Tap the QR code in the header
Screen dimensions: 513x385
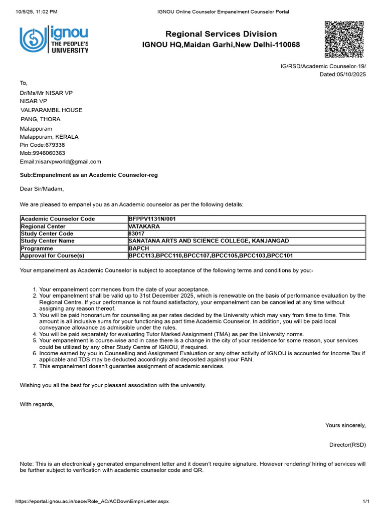(x=344, y=40)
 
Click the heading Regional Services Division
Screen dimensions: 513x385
(x=221, y=34)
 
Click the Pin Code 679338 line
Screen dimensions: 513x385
(x=42, y=145)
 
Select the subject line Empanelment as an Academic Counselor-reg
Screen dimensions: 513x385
(x=88, y=175)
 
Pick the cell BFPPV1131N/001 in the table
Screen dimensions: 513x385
(x=152, y=219)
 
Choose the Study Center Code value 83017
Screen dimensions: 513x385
(x=136, y=234)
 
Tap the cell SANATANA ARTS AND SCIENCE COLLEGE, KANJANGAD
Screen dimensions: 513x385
(x=209, y=241)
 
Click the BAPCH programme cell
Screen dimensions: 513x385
(x=139, y=248)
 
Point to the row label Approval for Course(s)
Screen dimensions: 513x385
(x=52, y=256)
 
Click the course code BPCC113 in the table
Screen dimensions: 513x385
(x=141, y=256)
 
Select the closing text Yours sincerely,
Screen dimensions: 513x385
(x=345, y=426)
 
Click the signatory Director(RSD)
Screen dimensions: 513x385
(x=347, y=445)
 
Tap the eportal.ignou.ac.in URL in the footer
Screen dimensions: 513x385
(x=92, y=501)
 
